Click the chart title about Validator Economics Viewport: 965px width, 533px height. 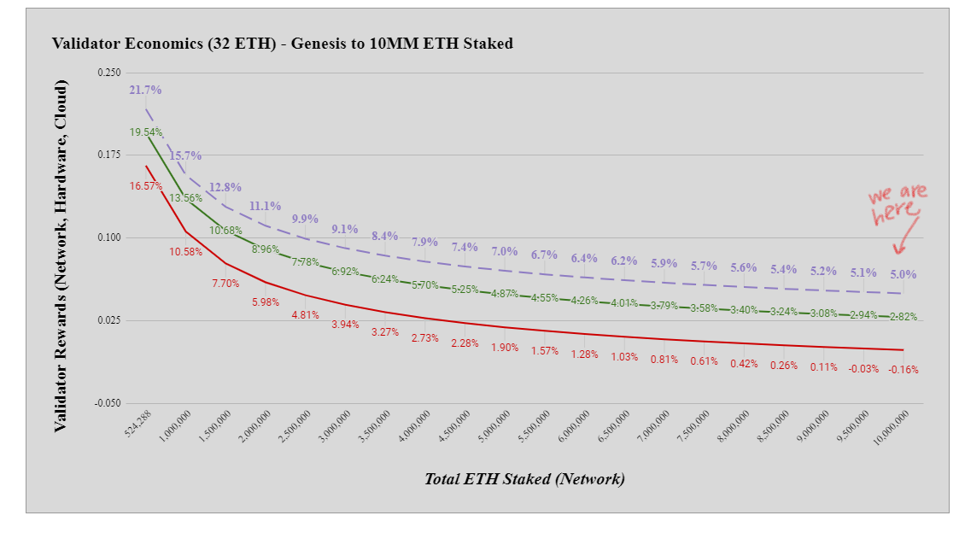coord(283,44)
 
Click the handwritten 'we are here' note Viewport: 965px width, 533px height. coord(898,205)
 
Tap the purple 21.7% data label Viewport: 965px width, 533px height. coord(146,90)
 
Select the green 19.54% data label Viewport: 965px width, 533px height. coord(146,132)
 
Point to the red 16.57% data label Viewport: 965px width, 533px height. coord(146,185)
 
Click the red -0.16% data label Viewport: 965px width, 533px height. coord(903,370)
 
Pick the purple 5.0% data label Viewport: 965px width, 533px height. coord(903,274)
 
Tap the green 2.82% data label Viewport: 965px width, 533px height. coord(903,317)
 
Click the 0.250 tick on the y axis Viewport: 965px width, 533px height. coord(108,73)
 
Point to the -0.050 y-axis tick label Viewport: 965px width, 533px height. coord(107,403)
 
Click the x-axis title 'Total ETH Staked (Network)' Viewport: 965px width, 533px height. coord(524,478)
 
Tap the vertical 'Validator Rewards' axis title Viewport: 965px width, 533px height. coord(61,256)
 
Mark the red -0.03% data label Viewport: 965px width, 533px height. coord(863,369)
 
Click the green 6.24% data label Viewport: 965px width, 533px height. coord(385,279)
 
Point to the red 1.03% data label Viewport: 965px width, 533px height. coord(624,357)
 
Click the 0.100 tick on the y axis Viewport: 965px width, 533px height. coord(108,237)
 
